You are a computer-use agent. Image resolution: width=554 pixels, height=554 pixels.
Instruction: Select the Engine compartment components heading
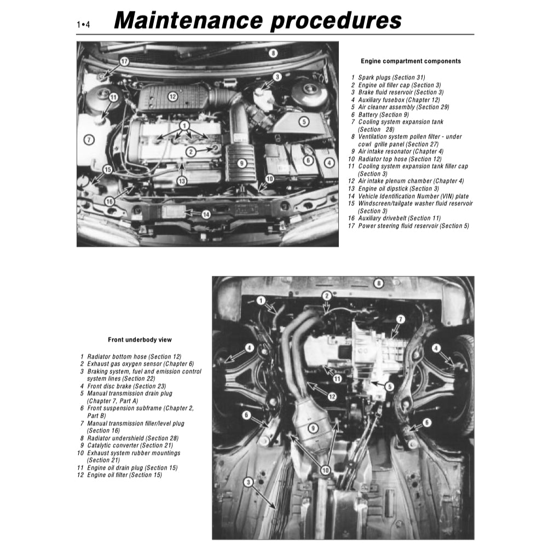[411, 61]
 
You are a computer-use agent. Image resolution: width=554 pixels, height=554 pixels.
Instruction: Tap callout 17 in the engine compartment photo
[124, 61]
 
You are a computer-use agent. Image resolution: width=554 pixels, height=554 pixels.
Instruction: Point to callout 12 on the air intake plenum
[172, 97]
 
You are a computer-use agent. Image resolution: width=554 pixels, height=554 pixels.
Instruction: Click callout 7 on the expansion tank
[88, 140]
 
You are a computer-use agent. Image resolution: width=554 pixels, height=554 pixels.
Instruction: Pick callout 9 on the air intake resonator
[242, 163]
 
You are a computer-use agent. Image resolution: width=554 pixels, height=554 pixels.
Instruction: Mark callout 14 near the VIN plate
[206, 214]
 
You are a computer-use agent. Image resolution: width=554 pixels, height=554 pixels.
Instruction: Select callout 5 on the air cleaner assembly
[303, 122]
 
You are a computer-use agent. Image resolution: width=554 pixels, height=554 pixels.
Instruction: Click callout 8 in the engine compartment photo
[273, 53]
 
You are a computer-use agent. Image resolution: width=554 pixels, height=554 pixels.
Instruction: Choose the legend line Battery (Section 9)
[383, 115]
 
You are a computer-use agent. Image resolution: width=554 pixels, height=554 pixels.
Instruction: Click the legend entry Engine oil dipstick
[398, 189]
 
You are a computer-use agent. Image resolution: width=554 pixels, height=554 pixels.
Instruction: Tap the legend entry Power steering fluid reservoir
[413, 226]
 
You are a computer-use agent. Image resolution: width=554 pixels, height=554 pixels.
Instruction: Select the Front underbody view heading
[140, 340]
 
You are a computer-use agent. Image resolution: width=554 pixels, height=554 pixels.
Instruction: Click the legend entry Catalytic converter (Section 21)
[129, 446]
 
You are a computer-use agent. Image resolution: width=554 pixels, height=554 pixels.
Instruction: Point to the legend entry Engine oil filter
[124, 475]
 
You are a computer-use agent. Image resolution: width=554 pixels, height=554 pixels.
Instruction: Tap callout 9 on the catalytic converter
[313, 428]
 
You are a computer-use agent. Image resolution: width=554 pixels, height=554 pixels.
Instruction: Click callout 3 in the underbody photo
[248, 482]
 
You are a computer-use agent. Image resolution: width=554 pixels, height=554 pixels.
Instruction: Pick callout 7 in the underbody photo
[400, 319]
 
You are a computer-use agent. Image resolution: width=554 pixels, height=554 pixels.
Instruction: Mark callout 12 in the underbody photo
[332, 396]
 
